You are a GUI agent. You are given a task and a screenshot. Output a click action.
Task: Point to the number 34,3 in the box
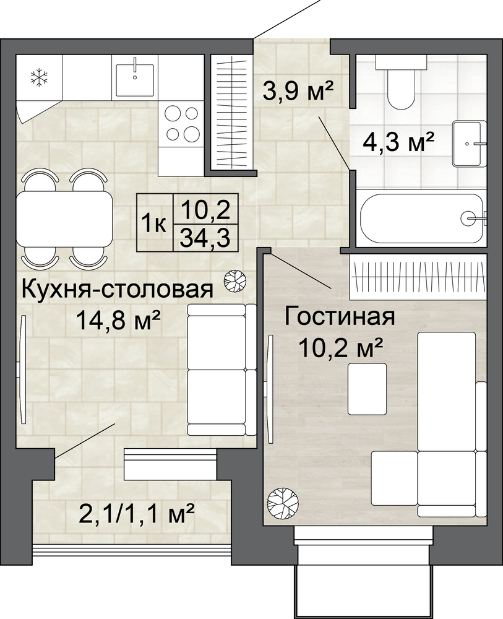205,238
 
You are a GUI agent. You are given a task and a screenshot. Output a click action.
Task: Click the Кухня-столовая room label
117,289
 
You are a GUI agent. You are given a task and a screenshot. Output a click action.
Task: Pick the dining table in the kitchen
64,219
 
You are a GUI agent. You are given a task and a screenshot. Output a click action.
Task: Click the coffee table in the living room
367,389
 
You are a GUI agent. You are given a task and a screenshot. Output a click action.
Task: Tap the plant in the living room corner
283,503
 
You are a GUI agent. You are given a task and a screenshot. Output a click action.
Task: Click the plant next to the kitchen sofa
234,280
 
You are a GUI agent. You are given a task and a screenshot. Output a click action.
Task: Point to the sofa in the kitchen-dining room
221,370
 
